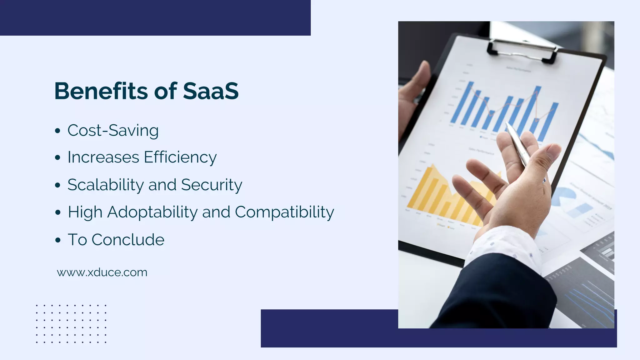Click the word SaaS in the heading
click(x=211, y=91)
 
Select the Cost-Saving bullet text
click(x=113, y=130)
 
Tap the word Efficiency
click(x=180, y=157)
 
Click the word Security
click(x=212, y=185)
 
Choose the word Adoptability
click(x=152, y=212)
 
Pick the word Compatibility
click(x=284, y=212)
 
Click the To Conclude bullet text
click(x=116, y=240)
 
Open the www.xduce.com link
click(x=102, y=272)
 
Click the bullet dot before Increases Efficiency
click(x=57, y=158)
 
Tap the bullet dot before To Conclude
click(x=57, y=240)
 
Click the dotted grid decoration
click(x=71, y=324)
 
